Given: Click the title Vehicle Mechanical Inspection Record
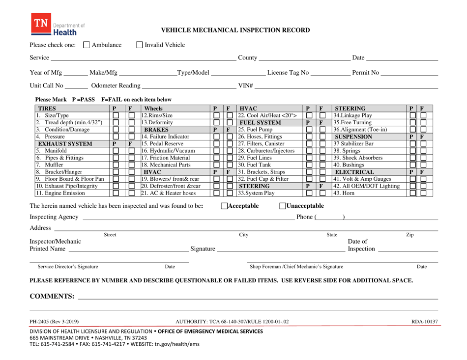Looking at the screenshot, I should coord(236,30).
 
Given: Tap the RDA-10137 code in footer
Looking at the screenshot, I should coord(424,322).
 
